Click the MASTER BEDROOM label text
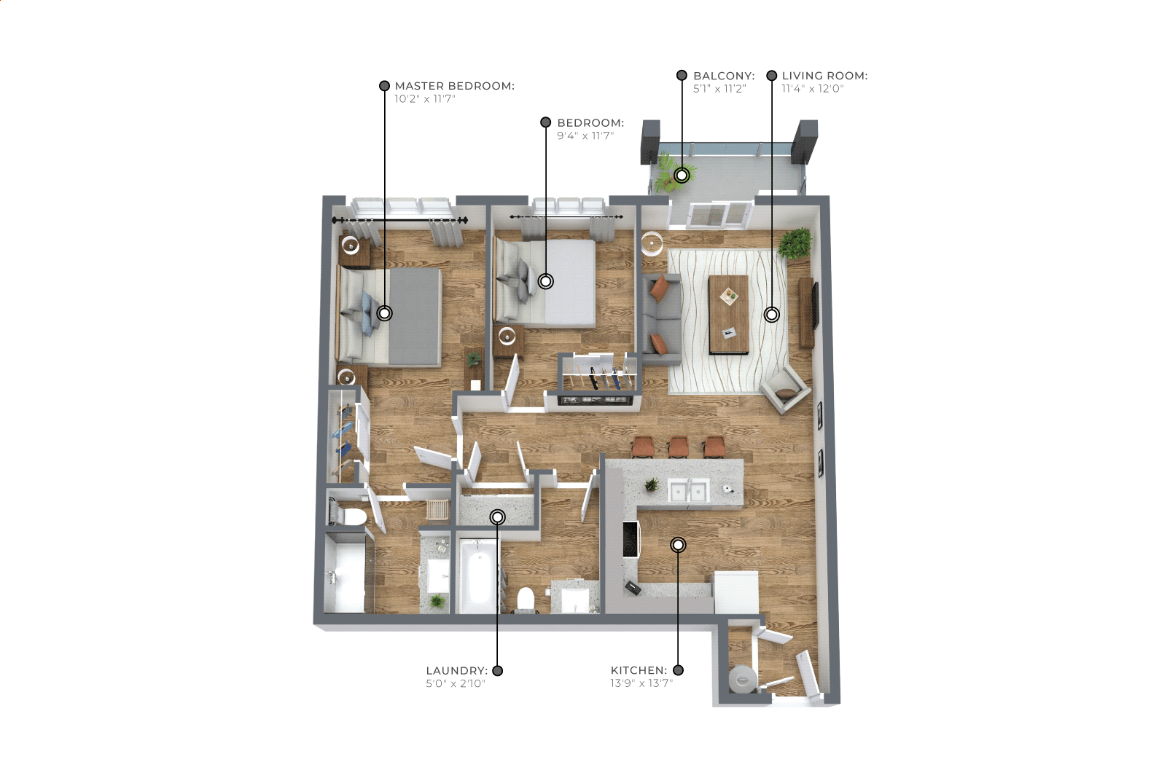click(454, 86)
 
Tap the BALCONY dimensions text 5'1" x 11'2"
click(719, 89)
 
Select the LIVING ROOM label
click(824, 76)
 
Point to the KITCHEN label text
click(639, 670)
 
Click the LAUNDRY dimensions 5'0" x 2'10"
click(456, 683)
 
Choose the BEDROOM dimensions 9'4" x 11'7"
click(585, 136)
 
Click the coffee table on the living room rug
click(728, 315)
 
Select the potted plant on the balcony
click(670, 173)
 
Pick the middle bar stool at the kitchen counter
click(679, 447)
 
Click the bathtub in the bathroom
click(478, 575)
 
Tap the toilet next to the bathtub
click(526, 600)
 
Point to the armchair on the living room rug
click(785, 388)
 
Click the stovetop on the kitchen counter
click(631, 539)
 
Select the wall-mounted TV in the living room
click(816, 305)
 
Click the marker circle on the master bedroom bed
click(384, 313)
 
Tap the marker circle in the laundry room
click(498, 516)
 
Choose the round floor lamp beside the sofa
click(652, 244)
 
